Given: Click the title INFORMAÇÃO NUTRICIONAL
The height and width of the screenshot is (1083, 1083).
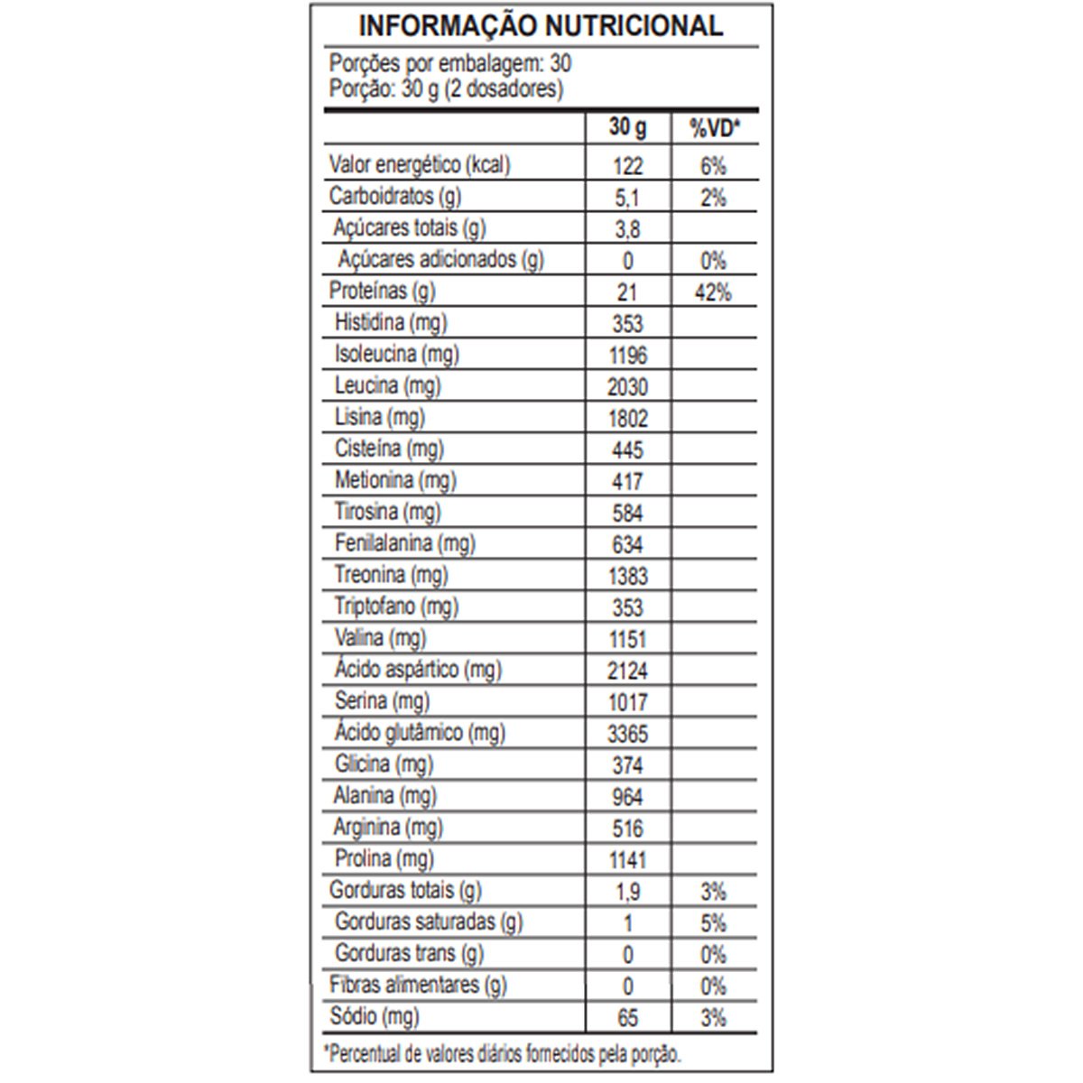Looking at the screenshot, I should point(541,26).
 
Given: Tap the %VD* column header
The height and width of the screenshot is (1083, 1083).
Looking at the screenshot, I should point(714,129).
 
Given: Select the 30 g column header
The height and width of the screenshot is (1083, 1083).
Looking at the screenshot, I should point(627,127).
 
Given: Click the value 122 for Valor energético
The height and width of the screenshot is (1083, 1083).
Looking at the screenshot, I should point(627,166).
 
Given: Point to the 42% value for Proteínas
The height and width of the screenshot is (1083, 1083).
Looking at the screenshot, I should point(713,292).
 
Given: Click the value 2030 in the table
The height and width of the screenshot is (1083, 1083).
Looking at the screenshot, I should point(627,387).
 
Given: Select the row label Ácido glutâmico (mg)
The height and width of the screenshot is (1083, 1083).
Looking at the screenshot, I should point(420,733).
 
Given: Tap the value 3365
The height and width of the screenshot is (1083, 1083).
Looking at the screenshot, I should point(627,734).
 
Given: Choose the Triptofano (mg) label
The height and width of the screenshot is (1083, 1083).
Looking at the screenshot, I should point(396,606).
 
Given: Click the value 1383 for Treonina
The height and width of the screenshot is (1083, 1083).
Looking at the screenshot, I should point(627,576).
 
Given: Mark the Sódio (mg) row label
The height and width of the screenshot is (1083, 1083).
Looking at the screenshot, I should point(375,1017).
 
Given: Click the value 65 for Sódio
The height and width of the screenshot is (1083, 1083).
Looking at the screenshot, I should point(627,1018).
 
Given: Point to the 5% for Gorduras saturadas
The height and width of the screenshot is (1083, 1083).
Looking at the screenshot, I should point(713,923).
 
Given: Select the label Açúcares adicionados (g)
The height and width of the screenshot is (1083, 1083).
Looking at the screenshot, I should point(441,261).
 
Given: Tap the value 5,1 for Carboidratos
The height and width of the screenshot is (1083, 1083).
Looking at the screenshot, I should point(627,198).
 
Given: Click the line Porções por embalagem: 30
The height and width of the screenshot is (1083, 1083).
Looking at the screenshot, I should point(449,64).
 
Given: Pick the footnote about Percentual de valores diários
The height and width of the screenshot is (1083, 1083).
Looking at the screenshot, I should point(505,1053).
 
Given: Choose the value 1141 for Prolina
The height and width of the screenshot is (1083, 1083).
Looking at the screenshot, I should point(627,860).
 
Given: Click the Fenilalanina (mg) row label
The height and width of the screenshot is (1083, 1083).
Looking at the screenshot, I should point(404,543).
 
